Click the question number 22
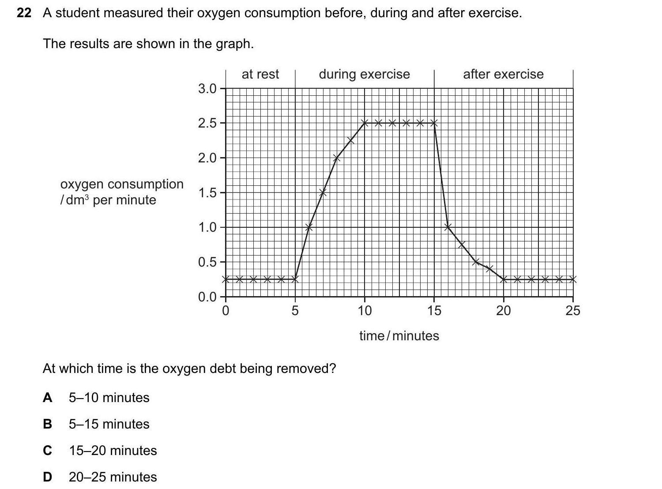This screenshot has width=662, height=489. pyautogui.click(x=24, y=13)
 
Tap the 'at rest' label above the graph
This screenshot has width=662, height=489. pyautogui.click(x=260, y=74)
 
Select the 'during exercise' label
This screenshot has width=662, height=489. pyautogui.click(x=364, y=74)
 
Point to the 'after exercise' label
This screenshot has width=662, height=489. pyautogui.click(x=503, y=74)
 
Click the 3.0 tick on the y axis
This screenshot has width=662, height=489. pyautogui.click(x=207, y=89)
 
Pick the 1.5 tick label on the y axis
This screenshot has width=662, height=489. pyautogui.click(x=207, y=193)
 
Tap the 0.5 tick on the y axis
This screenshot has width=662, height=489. pyautogui.click(x=207, y=262)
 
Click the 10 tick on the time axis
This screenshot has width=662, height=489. pyautogui.click(x=365, y=311)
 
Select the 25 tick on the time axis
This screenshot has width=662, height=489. pyautogui.click(x=573, y=311)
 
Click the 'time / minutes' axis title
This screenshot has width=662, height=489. pyautogui.click(x=399, y=336)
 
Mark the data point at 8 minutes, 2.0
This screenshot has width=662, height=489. pyautogui.click(x=337, y=158)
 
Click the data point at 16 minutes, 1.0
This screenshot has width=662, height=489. pyautogui.click(x=448, y=227)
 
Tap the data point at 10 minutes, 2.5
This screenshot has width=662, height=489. pyautogui.click(x=365, y=123)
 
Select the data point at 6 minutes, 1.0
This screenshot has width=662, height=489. pyautogui.click(x=309, y=227)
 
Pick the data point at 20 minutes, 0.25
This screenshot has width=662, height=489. pyautogui.click(x=504, y=279)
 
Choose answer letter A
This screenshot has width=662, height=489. pyautogui.click(x=47, y=398)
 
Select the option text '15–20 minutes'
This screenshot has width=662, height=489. pyautogui.click(x=113, y=451)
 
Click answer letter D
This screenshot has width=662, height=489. pyautogui.click(x=47, y=477)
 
